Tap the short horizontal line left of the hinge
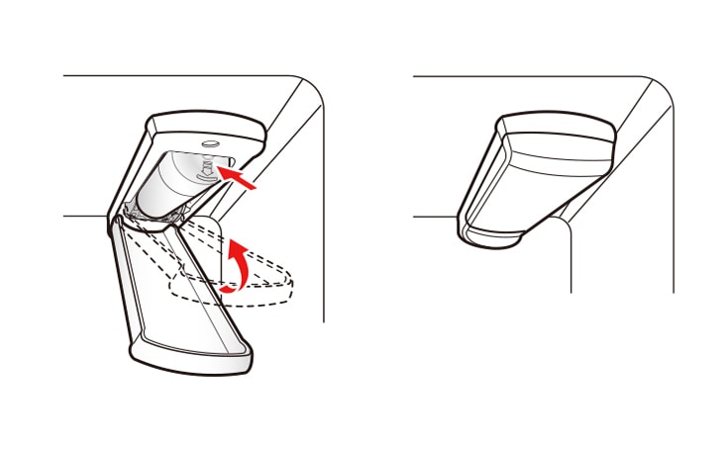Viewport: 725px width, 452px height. (x=84, y=216)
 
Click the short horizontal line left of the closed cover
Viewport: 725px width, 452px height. (x=434, y=216)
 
